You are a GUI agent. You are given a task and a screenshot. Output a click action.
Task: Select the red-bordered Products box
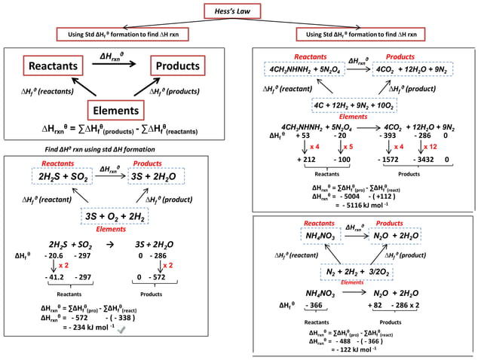182,67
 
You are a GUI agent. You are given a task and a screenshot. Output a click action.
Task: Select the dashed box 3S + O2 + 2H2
114,216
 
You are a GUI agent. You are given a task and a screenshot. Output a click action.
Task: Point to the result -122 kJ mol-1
358,350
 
